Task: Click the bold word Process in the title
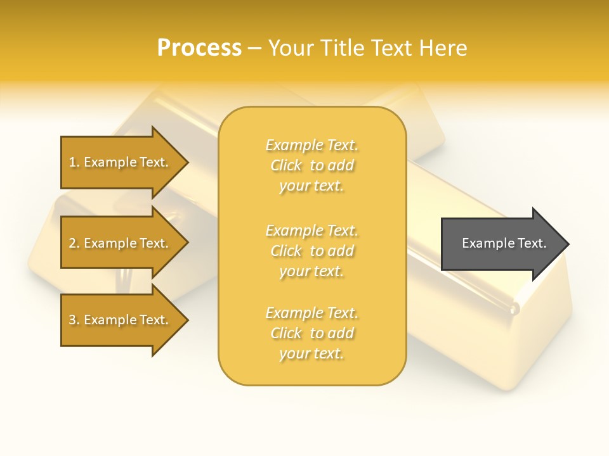(199, 48)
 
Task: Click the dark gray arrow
(501, 244)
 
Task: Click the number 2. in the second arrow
(74, 244)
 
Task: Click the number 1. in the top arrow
(74, 163)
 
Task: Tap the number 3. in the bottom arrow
(74, 320)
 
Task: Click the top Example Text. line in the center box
(311, 146)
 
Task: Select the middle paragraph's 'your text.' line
(311, 271)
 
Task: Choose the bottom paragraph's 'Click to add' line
(311, 333)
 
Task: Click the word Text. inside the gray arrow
(532, 244)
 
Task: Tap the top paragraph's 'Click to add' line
(311, 166)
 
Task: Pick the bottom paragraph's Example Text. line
(311, 313)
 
